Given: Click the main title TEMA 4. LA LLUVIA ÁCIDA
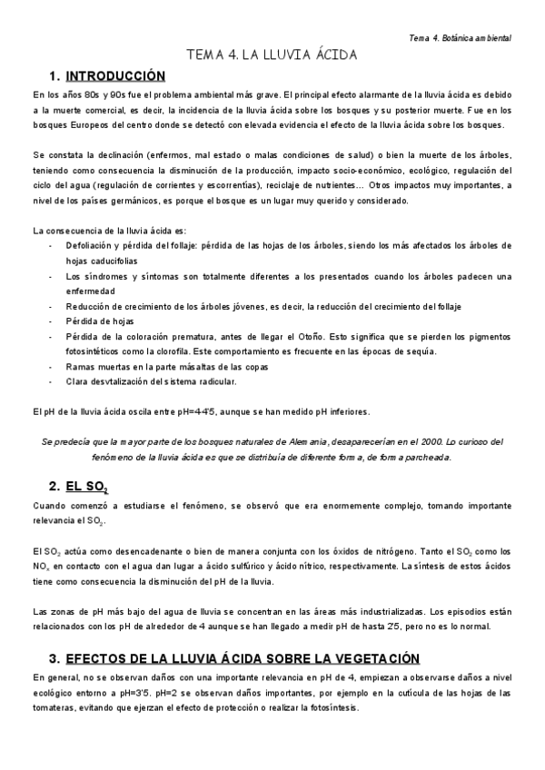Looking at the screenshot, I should point(272,56).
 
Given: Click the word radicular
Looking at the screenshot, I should point(214,380).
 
